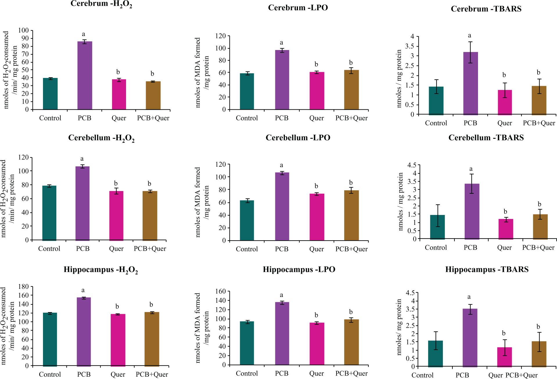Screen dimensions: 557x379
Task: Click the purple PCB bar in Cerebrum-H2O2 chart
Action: point(85,75)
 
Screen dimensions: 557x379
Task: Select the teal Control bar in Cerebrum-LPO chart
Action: point(247,91)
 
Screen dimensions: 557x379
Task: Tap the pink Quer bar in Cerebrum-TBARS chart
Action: point(505,102)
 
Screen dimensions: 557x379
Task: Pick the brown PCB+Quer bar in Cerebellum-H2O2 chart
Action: point(150,216)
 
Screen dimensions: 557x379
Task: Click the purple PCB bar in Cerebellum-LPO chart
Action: point(282,207)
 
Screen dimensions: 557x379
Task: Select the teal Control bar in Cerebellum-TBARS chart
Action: point(437,227)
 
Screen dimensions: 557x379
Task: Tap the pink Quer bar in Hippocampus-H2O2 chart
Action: point(118,340)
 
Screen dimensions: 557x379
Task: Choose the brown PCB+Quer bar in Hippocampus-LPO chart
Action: point(351,342)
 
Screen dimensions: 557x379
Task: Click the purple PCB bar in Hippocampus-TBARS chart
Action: point(470,338)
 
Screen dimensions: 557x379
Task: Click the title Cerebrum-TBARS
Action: point(486,9)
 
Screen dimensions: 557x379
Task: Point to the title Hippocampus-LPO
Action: point(299,269)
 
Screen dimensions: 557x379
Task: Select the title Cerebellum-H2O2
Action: point(101,138)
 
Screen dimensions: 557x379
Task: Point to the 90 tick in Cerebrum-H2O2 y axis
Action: point(24,38)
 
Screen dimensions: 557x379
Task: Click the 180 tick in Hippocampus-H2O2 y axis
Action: point(24,287)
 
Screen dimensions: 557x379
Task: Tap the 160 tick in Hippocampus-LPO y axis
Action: point(220,291)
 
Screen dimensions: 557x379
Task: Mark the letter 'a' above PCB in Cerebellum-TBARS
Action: point(471,169)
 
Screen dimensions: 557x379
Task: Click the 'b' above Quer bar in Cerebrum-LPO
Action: point(316,64)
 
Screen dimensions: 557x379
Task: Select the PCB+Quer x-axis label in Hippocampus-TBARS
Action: point(522,375)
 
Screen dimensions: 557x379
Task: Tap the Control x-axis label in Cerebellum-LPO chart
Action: point(247,249)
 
